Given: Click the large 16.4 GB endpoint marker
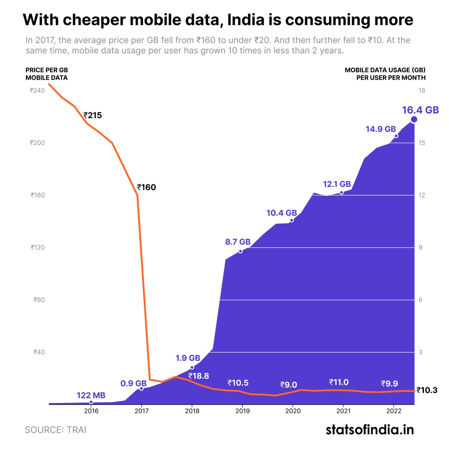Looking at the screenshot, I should pos(414,119).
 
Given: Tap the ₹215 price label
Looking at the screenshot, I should pos(92,115).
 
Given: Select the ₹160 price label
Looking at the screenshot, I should pos(146,187).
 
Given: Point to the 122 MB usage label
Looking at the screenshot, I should pos(91,395).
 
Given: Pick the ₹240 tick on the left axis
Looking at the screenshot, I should pos(37,91).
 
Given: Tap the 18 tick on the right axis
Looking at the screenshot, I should pos(422,91).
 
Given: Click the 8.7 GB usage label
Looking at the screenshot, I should pos(238,242).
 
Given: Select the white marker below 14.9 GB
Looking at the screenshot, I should pos(396,136).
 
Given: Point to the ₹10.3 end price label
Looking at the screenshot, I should pos(427,390).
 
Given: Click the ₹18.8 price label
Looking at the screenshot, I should pos(198,376).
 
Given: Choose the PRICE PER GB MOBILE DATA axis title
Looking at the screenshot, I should pos(47,74).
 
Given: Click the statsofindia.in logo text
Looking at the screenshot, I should pos(370,430).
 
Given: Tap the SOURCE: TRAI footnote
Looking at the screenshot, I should pos(55,430).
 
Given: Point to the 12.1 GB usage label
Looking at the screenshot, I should pos(337,184).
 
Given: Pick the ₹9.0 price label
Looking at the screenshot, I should pos(288,385).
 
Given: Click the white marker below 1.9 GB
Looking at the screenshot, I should pos(192,367).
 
